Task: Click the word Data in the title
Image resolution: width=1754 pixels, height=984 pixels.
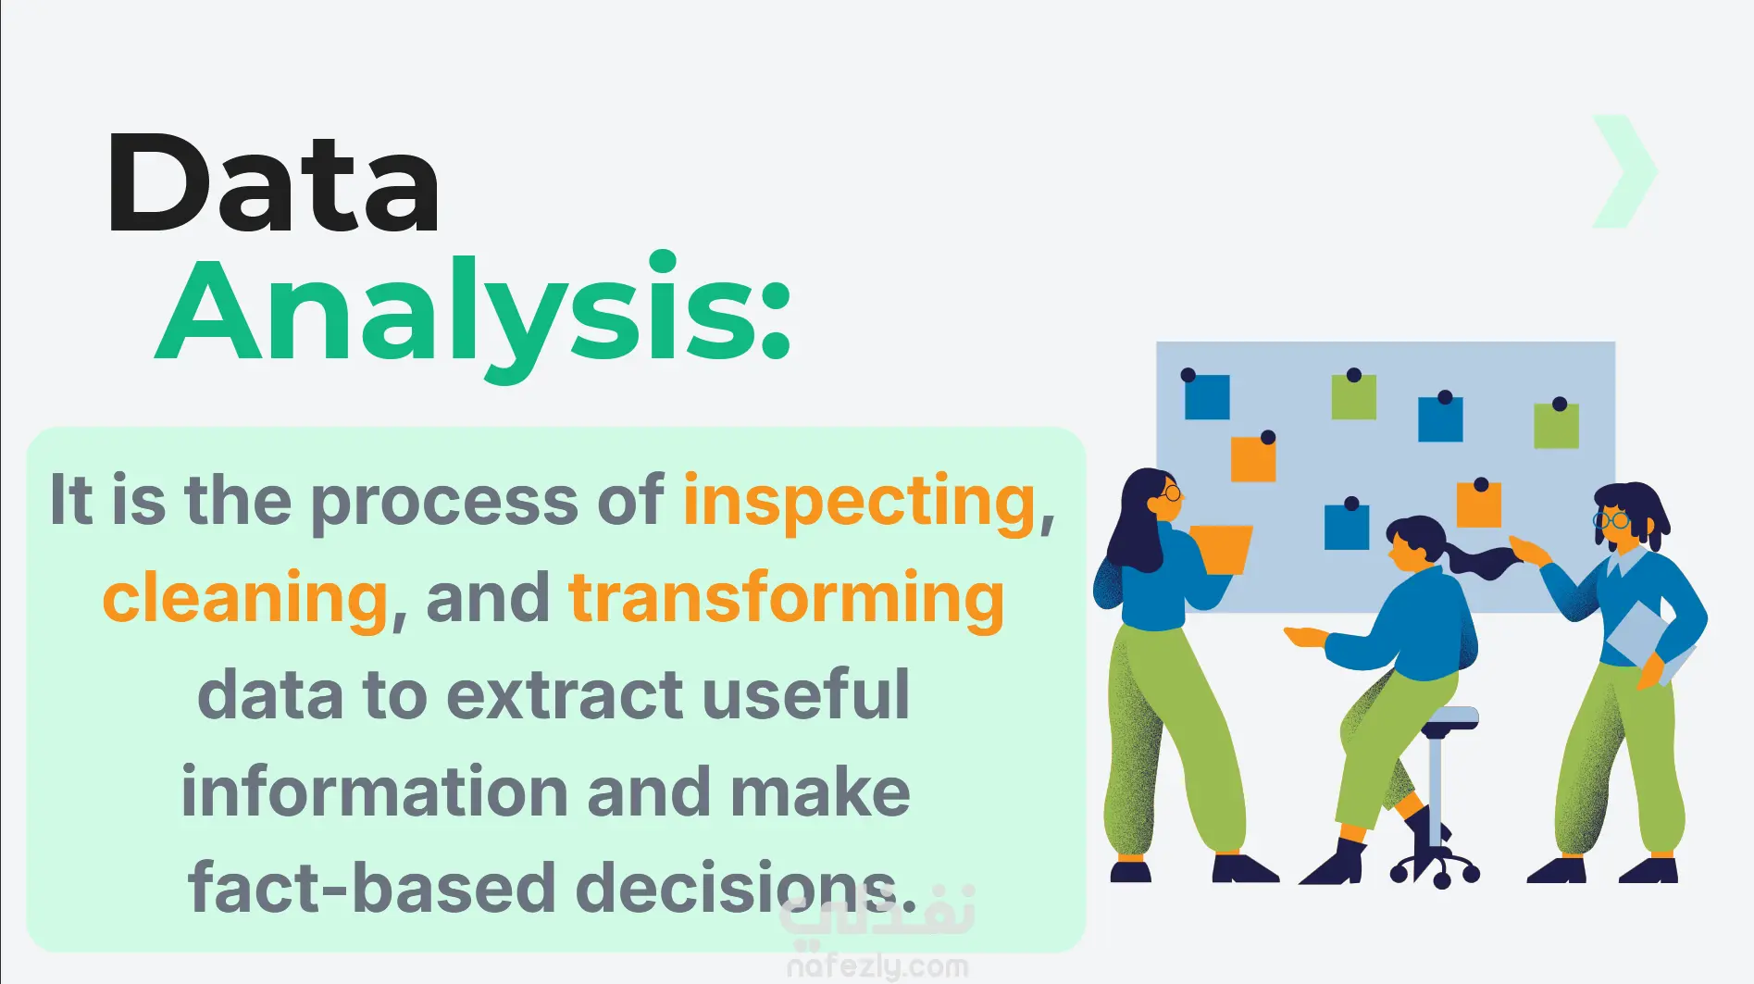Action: coord(274,183)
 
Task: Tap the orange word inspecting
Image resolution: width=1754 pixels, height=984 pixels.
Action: coord(859,502)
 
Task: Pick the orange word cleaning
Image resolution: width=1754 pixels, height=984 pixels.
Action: coord(245,598)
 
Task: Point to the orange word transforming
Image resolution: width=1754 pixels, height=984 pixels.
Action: coord(787,598)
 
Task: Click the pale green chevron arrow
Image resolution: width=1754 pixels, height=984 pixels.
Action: coord(1624,171)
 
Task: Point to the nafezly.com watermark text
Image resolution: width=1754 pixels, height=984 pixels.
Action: coord(877,966)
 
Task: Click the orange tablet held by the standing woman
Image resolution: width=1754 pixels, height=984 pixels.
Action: coord(1222,549)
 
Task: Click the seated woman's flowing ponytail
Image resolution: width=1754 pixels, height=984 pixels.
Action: coord(1482,561)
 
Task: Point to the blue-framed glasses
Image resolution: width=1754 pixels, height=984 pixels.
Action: coord(1612,520)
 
